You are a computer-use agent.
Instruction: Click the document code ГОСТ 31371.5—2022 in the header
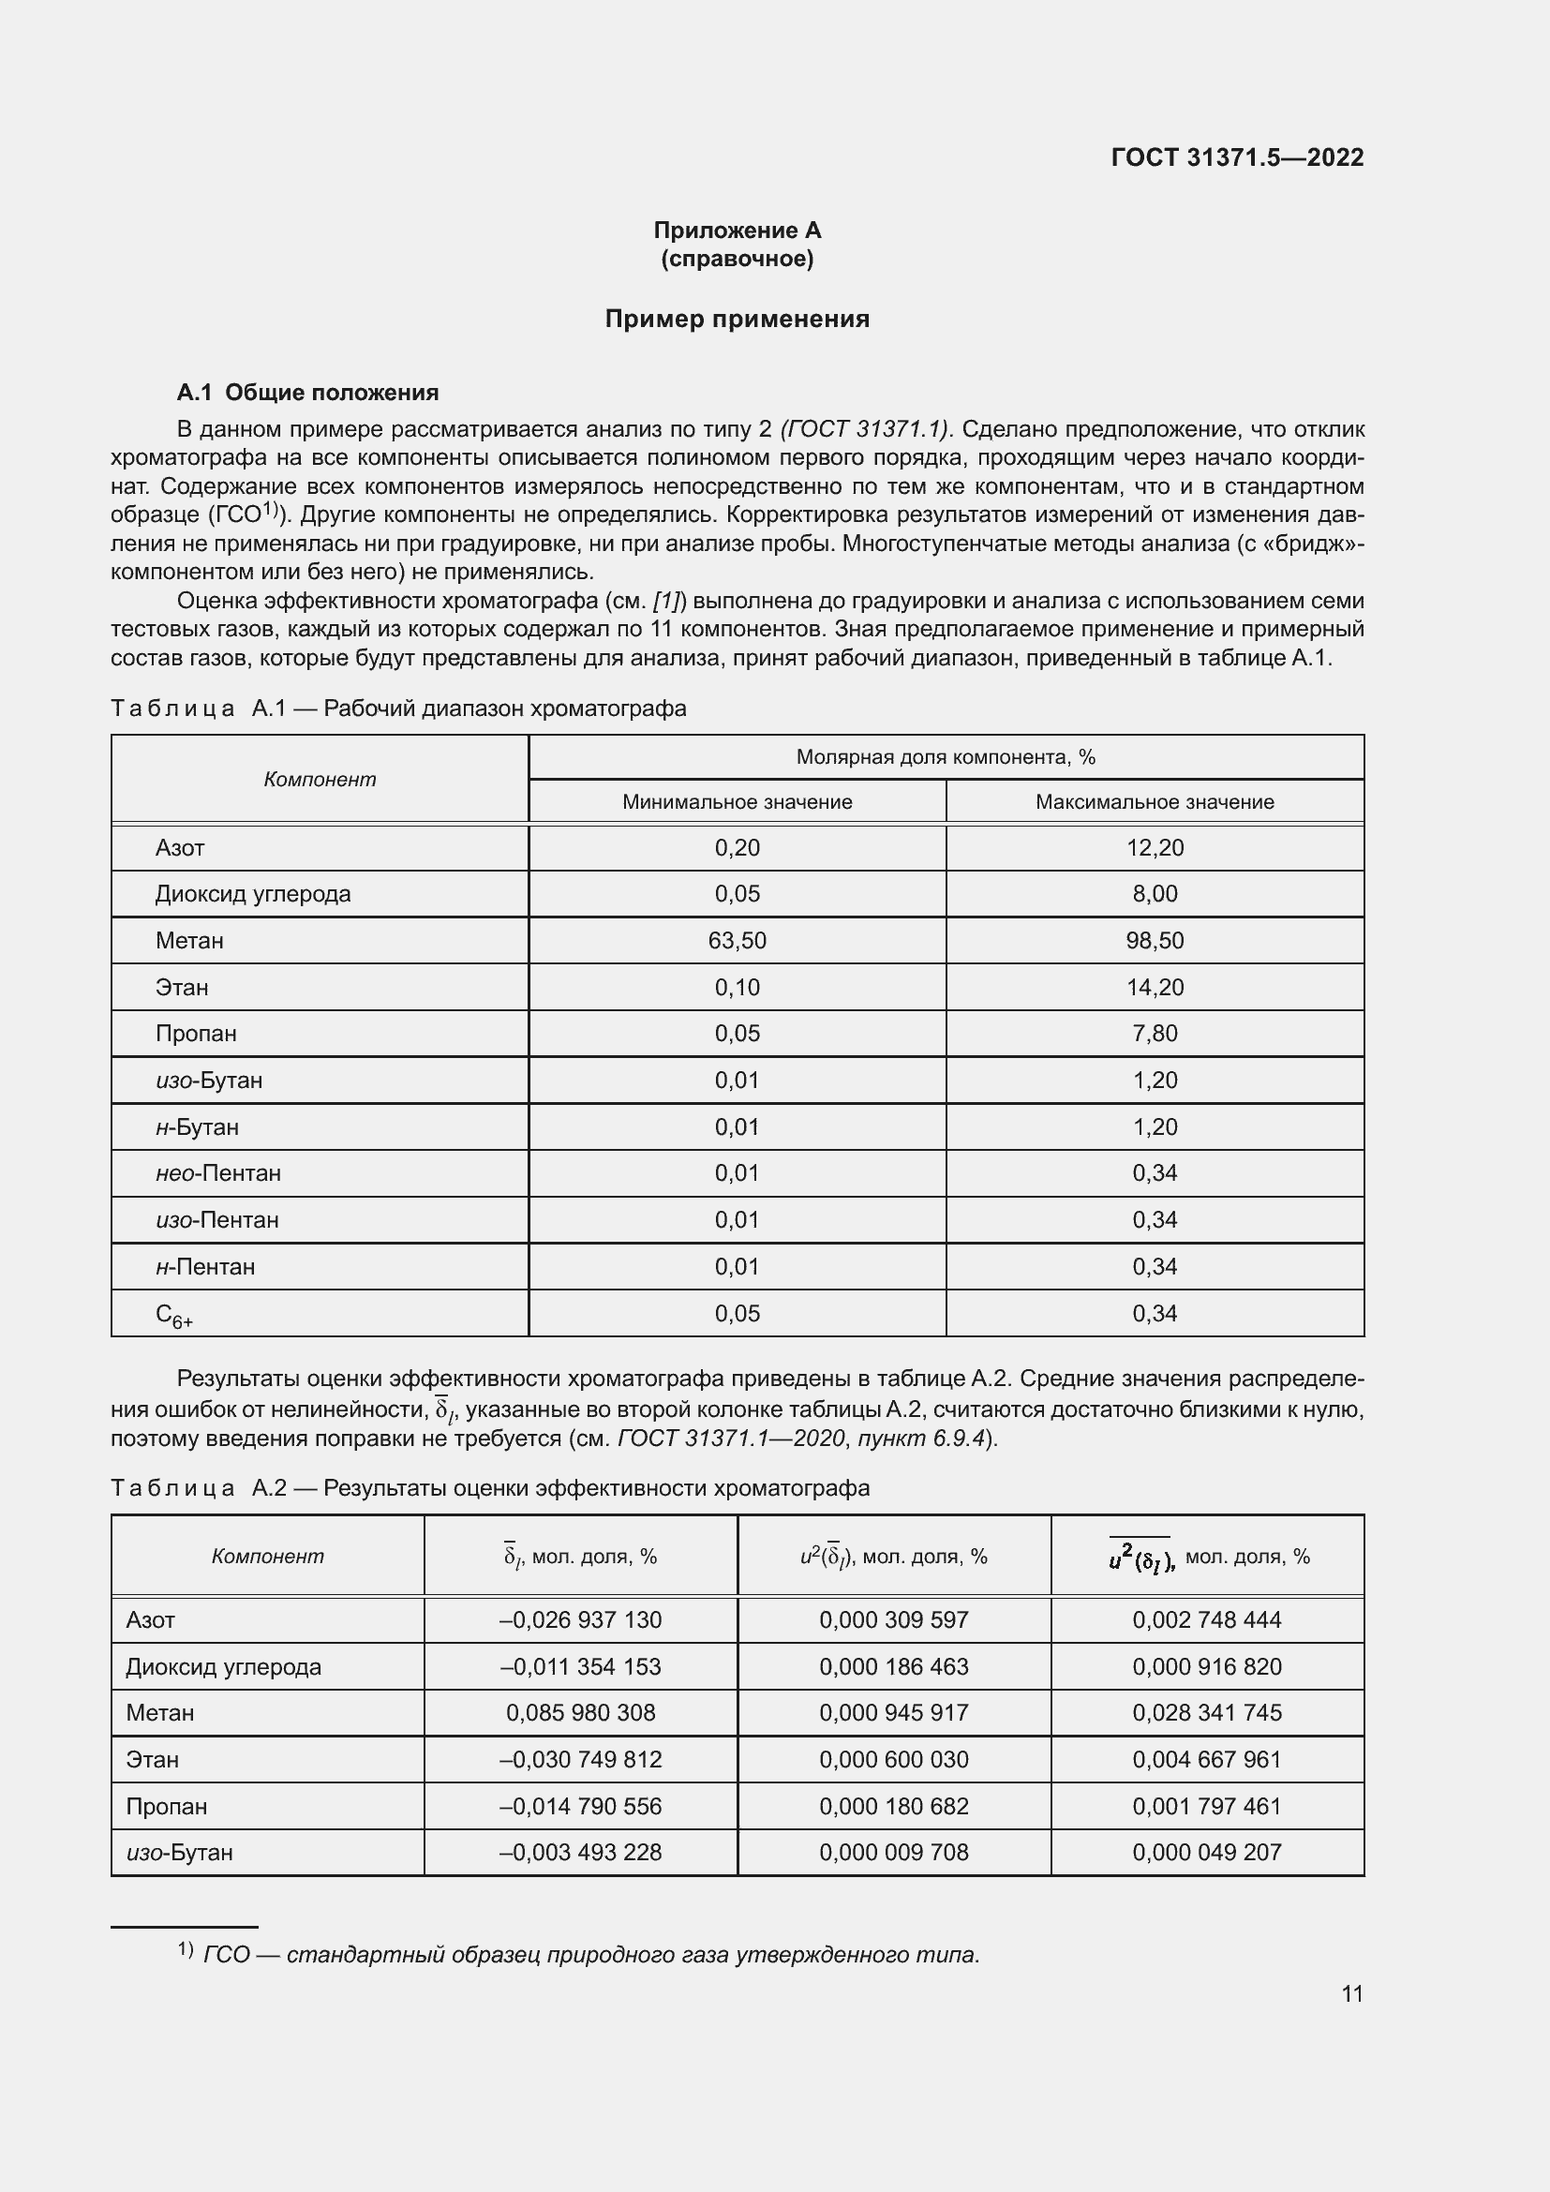(x=1237, y=157)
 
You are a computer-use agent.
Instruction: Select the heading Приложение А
(x=737, y=231)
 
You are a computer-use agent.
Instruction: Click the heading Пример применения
(x=737, y=319)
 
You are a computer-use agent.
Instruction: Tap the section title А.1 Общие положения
(x=307, y=393)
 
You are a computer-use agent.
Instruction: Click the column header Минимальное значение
(x=737, y=802)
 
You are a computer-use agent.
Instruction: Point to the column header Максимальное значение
(x=1154, y=802)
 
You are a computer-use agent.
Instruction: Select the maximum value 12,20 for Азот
(x=1154, y=848)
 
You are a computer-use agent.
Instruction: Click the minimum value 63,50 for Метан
(x=737, y=940)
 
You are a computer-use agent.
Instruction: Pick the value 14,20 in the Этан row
(x=1154, y=987)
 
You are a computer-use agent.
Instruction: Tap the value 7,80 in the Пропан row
(x=1154, y=1033)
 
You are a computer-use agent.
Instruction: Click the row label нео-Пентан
(x=217, y=1172)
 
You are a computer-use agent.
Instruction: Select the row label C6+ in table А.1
(x=173, y=1316)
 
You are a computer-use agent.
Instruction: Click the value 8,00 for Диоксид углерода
(x=1154, y=894)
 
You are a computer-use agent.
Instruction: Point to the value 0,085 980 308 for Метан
(x=580, y=1713)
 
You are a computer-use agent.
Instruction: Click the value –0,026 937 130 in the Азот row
(x=580, y=1620)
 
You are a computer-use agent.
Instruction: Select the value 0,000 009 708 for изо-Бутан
(x=893, y=1852)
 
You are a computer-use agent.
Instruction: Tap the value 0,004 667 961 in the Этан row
(x=1206, y=1760)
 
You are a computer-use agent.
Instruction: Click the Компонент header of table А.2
(x=267, y=1557)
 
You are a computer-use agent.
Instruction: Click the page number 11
(x=1351, y=1993)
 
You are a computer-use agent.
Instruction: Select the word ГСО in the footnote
(x=226, y=1955)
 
